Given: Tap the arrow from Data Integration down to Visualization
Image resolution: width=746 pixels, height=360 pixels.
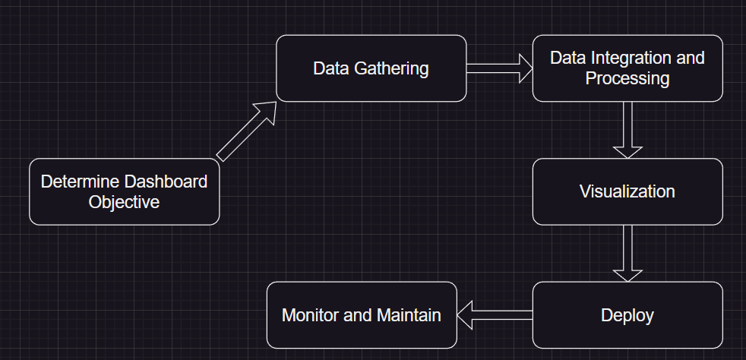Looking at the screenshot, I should (627, 129).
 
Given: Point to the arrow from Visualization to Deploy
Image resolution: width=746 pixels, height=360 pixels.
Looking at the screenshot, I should (627, 253).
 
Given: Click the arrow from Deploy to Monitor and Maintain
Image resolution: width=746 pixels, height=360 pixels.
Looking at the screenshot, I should (495, 314).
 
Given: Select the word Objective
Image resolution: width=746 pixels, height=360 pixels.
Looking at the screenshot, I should (124, 202).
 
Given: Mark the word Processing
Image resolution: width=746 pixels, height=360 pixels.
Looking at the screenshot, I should (627, 78).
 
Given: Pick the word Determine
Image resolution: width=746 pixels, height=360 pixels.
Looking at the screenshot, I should (81, 182).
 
